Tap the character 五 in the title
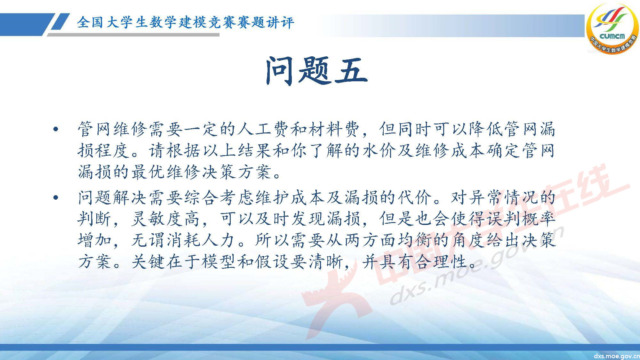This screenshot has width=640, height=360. (x=351, y=71)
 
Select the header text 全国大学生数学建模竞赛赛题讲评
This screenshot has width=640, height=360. (x=185, y=23)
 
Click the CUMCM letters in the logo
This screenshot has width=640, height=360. (x=612, y=36)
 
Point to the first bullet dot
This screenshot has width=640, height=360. (x=56, y=130)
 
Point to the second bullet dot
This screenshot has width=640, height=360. (x=56, y=198)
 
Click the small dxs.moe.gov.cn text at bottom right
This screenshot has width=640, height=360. (x=616, y=356)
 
